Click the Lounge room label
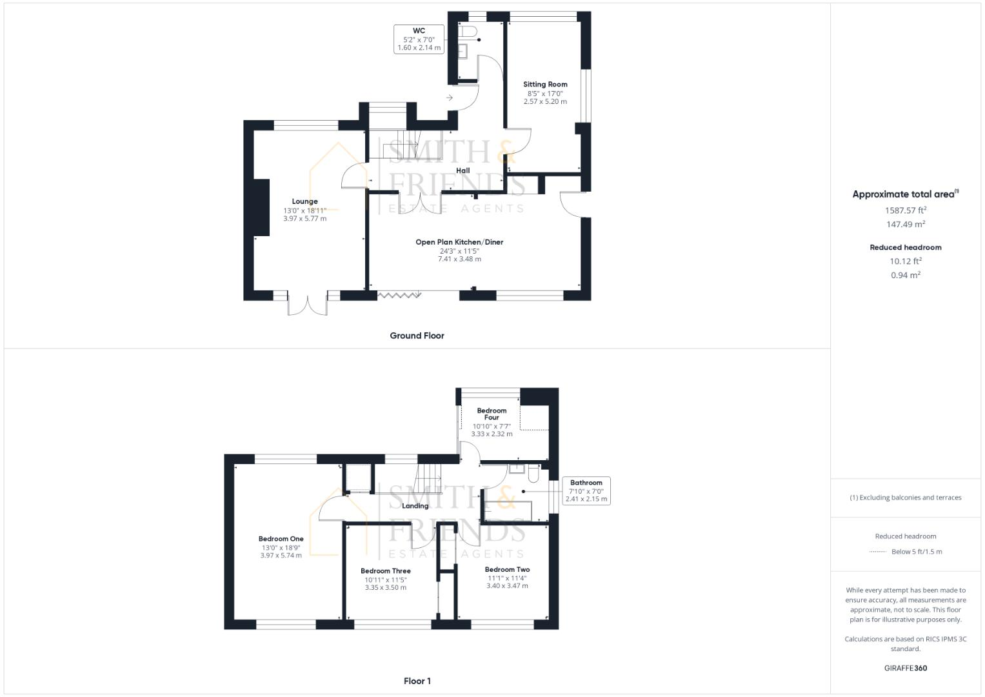(304, 201)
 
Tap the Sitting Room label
(545, 85)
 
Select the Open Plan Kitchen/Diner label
(459, 242)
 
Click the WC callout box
(419, 39)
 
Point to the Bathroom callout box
(586, 490)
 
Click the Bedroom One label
(281, 539)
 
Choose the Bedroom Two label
(507, 570)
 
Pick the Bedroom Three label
(385, 571)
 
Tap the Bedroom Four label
(492, 414)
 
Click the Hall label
(463, 171)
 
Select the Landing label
(415, 506)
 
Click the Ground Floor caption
(417, 336)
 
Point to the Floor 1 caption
(417, 681)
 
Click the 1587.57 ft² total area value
(906, 210)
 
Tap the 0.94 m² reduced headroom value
(906, 275)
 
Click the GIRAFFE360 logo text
(906, 668)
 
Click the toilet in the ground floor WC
(468, 31)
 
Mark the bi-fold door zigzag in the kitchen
(399, 295)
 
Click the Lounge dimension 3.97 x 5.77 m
(304, 219)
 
